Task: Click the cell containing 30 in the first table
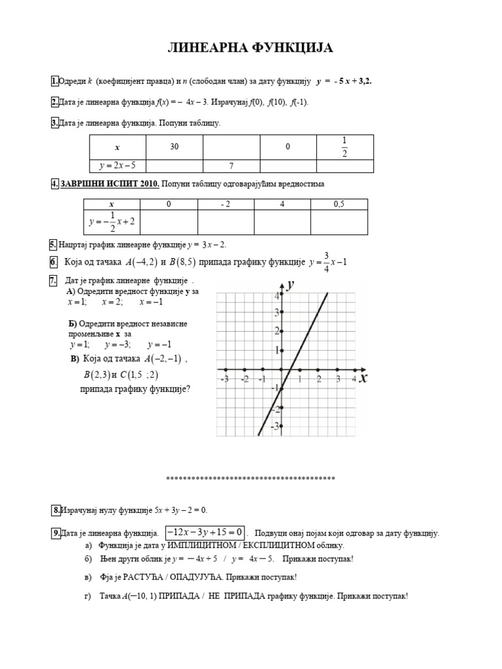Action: [x=175, y=147]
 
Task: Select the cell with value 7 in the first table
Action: [x=231, y=166]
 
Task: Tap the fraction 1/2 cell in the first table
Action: [x=345, y=147]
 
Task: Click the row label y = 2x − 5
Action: [x=118, y=166]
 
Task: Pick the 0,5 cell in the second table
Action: [x=339, y=204]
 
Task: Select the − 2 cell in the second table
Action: [x=226, y=204]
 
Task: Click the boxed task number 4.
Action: [x=55, y=184]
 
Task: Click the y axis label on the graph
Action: [x=290, y=285]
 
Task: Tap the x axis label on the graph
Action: [x=363, y=378]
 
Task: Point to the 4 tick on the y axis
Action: [x=276, y=296]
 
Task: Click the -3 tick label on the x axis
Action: [x=225, y=380]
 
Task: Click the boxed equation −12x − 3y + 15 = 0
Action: [x=205, y=532]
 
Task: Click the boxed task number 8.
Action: [x=57, y=510]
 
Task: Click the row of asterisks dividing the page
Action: [x=251, y=479]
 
